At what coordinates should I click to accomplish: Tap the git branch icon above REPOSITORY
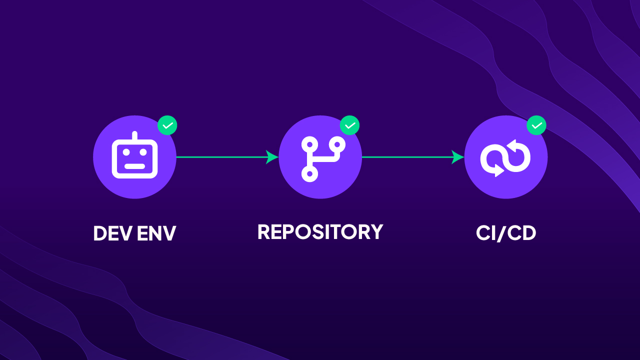click(x=320, y=157)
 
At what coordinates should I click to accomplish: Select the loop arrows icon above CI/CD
click(x=505, y=157)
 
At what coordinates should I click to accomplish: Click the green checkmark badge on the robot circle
click(x=167, y=125)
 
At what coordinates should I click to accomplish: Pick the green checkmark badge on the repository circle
click(x=350, y=125)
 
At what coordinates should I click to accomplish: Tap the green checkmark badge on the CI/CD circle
click(x=536, y=125)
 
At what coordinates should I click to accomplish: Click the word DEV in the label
click(x=112, y=233)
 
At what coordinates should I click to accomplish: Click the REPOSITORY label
click(x=320, y=232)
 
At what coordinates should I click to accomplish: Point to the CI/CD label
click(x=506, y=233)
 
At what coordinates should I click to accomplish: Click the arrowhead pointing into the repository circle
click(x=272, y=157)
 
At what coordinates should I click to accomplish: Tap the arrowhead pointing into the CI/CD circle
click(x=458, y=157)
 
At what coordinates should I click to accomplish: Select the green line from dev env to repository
click(x=220, y=157)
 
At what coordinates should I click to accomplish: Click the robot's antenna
click(x=134, y=136)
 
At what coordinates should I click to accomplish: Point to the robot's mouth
click(x=134, y=166)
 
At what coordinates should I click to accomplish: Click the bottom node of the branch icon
click(x=309, y=173)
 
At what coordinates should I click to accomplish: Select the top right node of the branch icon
click(x=338, y=144)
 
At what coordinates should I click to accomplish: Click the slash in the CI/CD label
click(x=506, y=233)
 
